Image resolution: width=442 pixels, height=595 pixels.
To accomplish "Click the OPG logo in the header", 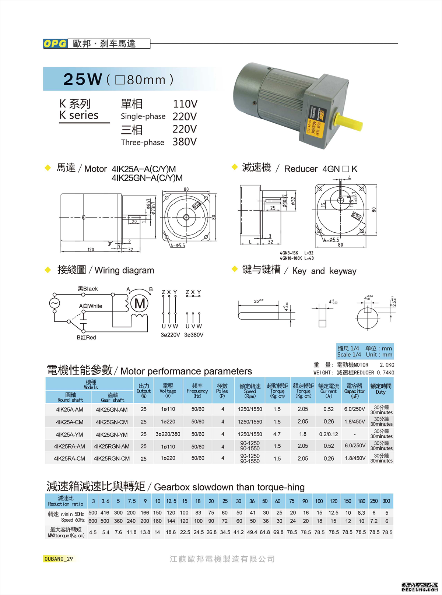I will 55,43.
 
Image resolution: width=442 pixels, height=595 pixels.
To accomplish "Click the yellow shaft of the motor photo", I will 348,122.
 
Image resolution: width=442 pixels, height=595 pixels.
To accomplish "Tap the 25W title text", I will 83,79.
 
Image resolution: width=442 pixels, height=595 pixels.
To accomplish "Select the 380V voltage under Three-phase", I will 185,142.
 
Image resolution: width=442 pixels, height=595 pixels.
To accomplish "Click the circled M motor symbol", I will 140,304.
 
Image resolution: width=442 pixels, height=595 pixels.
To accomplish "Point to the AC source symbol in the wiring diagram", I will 55,303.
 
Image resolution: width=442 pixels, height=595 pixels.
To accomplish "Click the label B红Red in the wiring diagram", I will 86,337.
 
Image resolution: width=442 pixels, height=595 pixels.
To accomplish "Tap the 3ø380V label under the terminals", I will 194,335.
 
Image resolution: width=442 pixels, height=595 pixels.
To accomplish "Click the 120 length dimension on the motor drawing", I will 91,250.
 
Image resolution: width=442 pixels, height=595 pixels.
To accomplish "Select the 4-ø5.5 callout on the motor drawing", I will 178,245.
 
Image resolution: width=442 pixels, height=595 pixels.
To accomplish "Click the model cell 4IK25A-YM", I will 69,434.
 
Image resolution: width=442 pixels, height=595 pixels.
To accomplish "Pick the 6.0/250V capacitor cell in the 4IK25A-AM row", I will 355,409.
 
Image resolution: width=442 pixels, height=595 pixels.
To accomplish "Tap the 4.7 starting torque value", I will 277,434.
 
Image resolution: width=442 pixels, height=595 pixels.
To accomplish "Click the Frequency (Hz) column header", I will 197,391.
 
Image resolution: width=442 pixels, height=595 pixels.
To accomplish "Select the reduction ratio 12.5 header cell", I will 171,501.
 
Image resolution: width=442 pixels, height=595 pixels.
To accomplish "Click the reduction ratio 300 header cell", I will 386,501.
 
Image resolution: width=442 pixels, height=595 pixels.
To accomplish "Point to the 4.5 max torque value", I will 93,532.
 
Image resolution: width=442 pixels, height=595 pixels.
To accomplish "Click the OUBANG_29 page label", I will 59,559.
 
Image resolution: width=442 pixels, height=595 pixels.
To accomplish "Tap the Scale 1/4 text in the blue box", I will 349,355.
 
